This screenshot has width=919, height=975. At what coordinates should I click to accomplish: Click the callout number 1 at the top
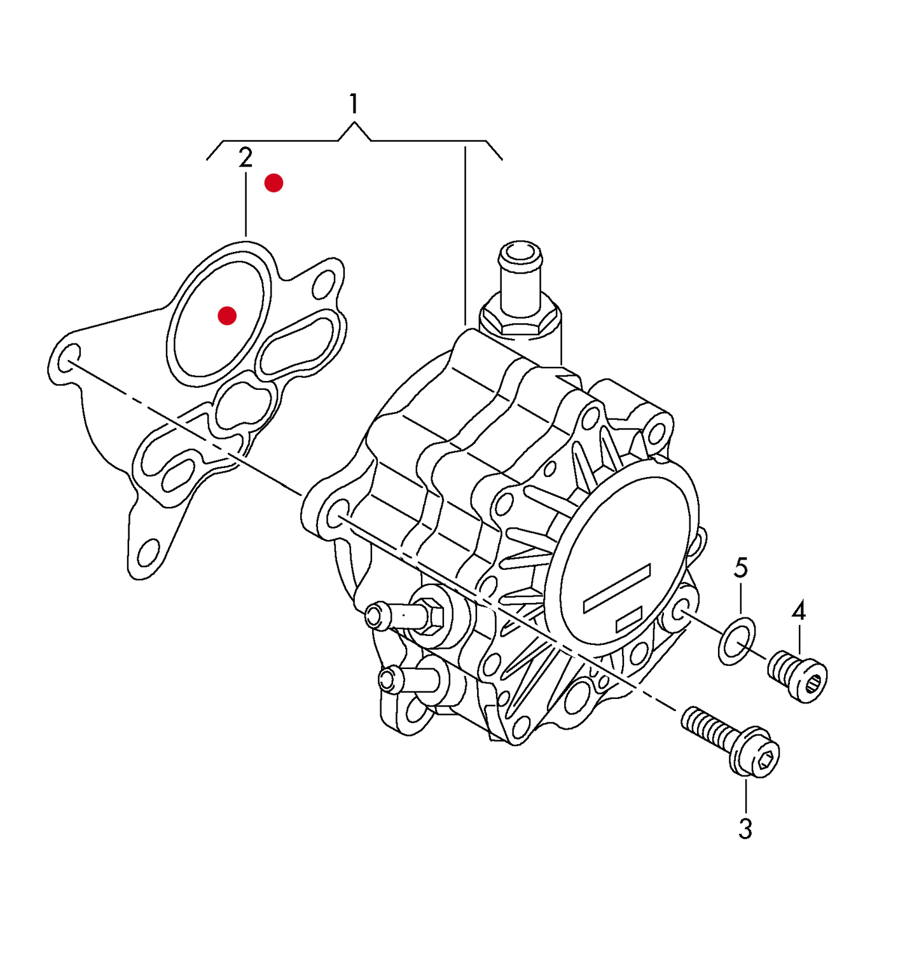(354, 104)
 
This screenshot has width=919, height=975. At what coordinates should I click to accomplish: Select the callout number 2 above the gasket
(245, 158)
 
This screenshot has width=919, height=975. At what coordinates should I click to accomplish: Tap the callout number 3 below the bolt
(745, 829)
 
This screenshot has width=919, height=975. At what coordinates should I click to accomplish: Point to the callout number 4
(799, 611)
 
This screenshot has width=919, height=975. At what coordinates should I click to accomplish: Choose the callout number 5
(741, 568)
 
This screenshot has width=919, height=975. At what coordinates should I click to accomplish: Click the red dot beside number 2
(273, 183)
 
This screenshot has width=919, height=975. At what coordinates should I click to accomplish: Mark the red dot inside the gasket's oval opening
(227, 315)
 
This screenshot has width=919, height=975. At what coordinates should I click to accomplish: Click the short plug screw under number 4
(798, 676)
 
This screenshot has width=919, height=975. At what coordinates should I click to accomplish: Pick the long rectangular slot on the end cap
(617, 588)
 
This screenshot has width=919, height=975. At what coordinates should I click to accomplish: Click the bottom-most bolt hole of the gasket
(148, 553)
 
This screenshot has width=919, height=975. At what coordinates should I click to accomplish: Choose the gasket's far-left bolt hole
(68, 358)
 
